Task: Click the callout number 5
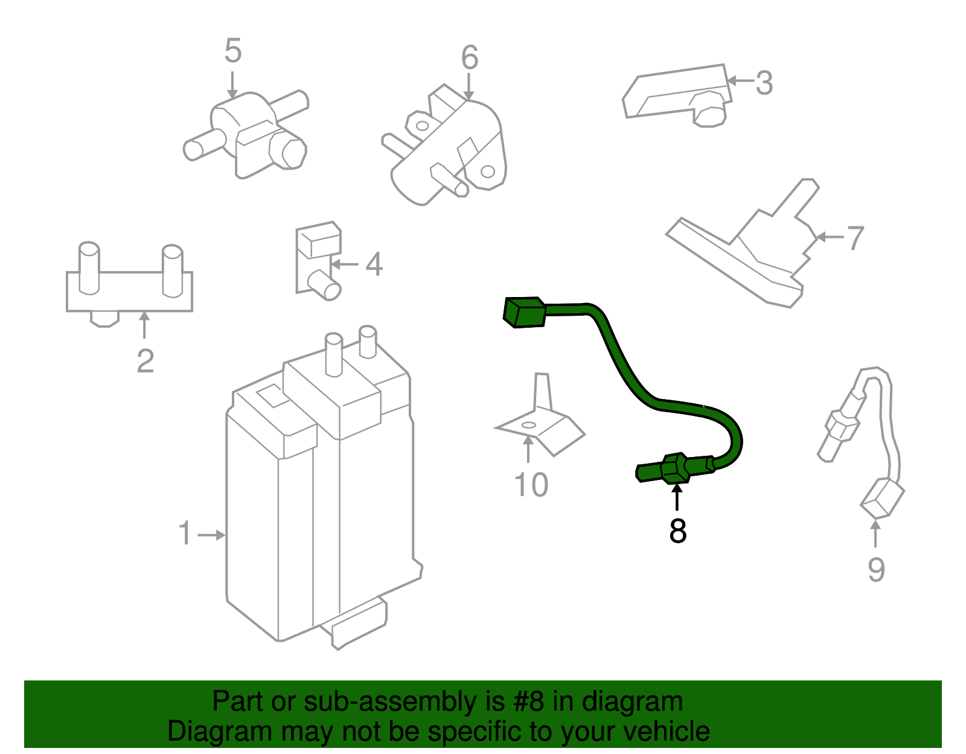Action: pos(232,51)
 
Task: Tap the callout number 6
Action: pos(469,59)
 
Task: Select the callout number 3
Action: pos(764,83)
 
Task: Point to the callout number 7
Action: pos(855,238)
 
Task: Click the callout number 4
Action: pos(374,265)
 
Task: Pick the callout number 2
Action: pos(145,362)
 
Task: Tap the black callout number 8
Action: pos(677,531)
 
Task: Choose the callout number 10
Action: pos(531,485)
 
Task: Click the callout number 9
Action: pos(875,570)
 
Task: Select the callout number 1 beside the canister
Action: pos(185,534)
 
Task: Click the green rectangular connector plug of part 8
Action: pos(524,312)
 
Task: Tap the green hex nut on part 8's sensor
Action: pos(675,469)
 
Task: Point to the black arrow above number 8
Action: pos(677,498)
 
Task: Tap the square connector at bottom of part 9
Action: pos(882,499)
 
